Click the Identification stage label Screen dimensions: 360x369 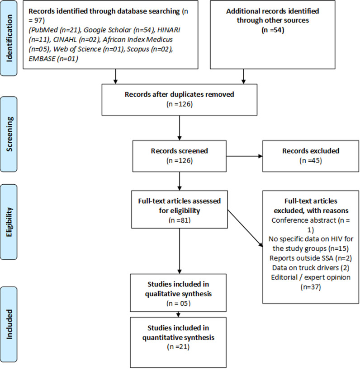(x=9, y=38)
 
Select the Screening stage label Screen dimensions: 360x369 (x=9, y=134)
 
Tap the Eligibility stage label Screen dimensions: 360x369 (x=9, y=222)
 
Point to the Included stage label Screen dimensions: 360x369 (x=9, y=324)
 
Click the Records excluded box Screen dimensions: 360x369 (x=311, y=156)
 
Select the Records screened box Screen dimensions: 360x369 (x=179, y=156)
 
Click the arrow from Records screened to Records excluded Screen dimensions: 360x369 (x=245, y=156)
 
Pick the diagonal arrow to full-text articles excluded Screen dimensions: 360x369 (x=245, y=228)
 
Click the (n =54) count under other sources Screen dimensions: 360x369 (x=273, y=30)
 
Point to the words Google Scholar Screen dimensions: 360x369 (x=108, y=30)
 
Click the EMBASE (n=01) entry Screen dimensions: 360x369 (x=53, y=59)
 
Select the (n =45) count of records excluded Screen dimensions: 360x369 (x=311, y=161)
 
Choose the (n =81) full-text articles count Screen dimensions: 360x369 (x=180, y=220)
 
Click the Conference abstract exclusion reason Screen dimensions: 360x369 (x=311, y=225)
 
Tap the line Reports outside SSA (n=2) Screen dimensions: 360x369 (x=311, y=258)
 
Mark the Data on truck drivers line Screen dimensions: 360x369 (x=311, y=268)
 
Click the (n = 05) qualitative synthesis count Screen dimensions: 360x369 (x=178, y=304)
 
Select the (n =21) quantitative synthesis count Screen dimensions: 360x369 (x=178, y=347)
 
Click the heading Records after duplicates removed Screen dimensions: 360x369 (x=179, y=94)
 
